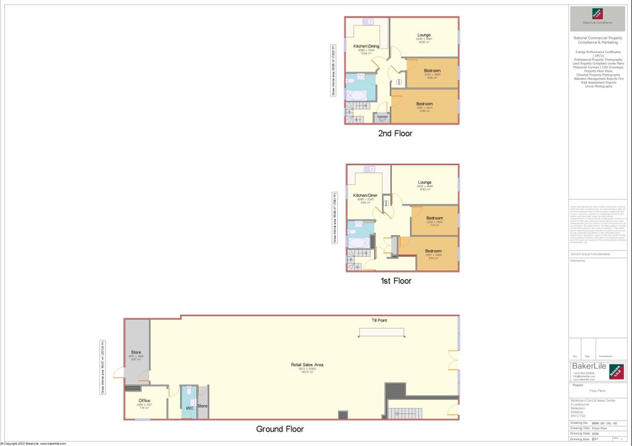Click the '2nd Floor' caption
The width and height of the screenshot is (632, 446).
pyautogui.click(x=395, y=133)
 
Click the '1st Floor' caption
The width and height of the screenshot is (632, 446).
pyautogui.click(x=396, y=281)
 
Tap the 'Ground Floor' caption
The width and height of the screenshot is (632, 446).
pyautogui.click(x=280, y=429)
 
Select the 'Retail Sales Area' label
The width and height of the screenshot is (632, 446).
pyautogui.click(x=307, y=365)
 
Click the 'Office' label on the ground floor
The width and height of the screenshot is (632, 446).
pyautogui.click(x=144, y=400)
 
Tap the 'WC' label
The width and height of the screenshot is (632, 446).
pyautogui.click(x=190, y=408)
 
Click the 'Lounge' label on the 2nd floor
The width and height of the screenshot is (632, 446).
pyautogui.click(x=424, y=35)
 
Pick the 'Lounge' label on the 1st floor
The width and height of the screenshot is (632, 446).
pyautogui.click(x=425, y=182)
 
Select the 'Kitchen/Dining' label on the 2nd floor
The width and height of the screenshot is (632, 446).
pyautogui.click(x=366, y=47)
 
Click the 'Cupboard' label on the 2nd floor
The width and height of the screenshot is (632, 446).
pyautogui.click(x=382, y=117)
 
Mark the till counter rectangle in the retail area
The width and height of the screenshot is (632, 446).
pyautogui.click(x=383, y=332)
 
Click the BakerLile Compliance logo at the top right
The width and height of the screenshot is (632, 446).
pyautogui.click(x=597, y=16)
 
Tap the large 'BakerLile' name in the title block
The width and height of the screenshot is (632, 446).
pyautogui.click(x=588, y=366)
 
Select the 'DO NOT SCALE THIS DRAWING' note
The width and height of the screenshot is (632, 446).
pyautogui.click(x=590, y=254)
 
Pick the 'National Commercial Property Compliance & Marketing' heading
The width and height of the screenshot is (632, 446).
pyautogui.click(x=597, y=40)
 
